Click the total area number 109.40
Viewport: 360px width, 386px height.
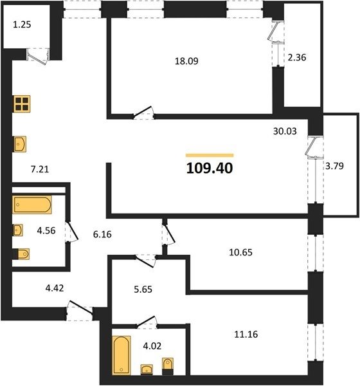210,169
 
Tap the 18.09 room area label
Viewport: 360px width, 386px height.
186,61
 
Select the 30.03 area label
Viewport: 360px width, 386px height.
285,131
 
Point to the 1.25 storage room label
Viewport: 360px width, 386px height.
22,24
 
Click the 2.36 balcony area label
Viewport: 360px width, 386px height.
297,57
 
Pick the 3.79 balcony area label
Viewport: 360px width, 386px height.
334,166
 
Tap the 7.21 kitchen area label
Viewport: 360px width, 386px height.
40,169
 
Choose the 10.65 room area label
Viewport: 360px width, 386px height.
240,252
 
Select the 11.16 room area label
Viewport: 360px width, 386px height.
246,335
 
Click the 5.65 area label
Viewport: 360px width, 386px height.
143,289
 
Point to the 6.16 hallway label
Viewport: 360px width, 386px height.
102,234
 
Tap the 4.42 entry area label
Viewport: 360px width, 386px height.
55,288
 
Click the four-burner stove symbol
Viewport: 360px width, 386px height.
22,104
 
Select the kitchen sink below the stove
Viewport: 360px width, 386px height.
20,144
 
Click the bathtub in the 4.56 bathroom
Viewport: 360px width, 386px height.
32,205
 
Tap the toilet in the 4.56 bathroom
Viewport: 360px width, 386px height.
23,254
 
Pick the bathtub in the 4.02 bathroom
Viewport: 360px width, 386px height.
122,355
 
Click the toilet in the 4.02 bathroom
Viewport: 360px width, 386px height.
168,366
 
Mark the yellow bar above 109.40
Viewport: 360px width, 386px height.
210,155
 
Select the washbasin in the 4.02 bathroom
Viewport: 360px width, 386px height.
147,369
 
